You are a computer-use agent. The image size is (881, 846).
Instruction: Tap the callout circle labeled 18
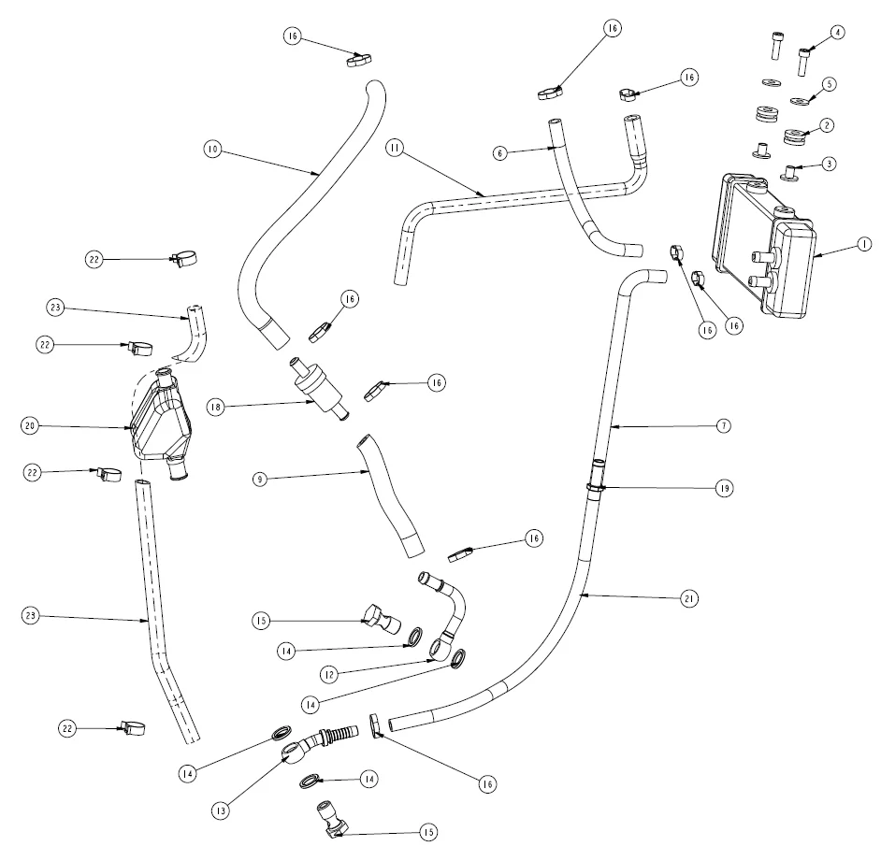(x=213, y=407)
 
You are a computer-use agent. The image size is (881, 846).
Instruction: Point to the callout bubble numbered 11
(x=397, y=148)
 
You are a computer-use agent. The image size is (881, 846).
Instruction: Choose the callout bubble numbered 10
(x=213, y=149)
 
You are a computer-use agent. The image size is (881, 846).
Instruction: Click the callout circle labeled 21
(x=690, y=597)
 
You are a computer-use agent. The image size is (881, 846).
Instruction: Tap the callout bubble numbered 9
(x=262, y=479)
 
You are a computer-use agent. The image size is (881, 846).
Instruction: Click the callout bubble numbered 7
(x=723, y=425)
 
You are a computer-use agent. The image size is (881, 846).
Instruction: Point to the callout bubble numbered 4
(x=837, y=32)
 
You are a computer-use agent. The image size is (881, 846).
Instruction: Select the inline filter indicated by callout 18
(x=319, y=387)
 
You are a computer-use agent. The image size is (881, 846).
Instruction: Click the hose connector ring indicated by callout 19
(x=596, y=486)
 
